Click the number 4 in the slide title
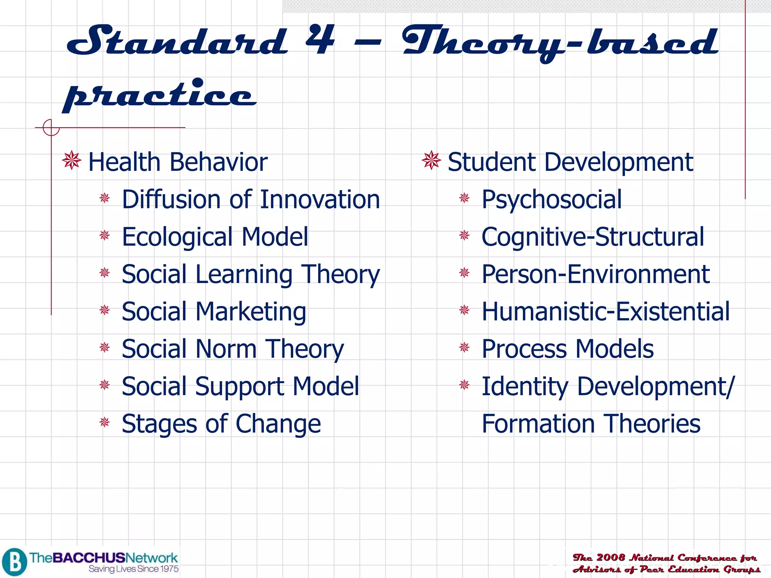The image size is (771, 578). [320, 40]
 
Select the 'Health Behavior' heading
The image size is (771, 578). [178, 162]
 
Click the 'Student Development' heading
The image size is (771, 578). [570, 162]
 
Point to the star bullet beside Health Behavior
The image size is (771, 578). [72, 161]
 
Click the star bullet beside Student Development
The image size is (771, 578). [431, 161]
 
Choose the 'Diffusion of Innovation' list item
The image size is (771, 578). [251, 199]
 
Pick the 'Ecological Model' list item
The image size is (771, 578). [215, 237]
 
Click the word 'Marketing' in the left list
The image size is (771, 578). [251, 312]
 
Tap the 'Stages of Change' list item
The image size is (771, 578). [221, 424]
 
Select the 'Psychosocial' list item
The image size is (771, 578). [552, 199]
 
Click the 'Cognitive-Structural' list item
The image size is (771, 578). [593, 237]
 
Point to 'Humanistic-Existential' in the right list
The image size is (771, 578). [605, 312]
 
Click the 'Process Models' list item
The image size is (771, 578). [567, 349]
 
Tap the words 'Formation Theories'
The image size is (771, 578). [591, 424]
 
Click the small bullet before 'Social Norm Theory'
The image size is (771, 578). [105, 347]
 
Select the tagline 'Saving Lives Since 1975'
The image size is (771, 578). [134, 569]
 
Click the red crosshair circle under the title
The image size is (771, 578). [51, 128]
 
